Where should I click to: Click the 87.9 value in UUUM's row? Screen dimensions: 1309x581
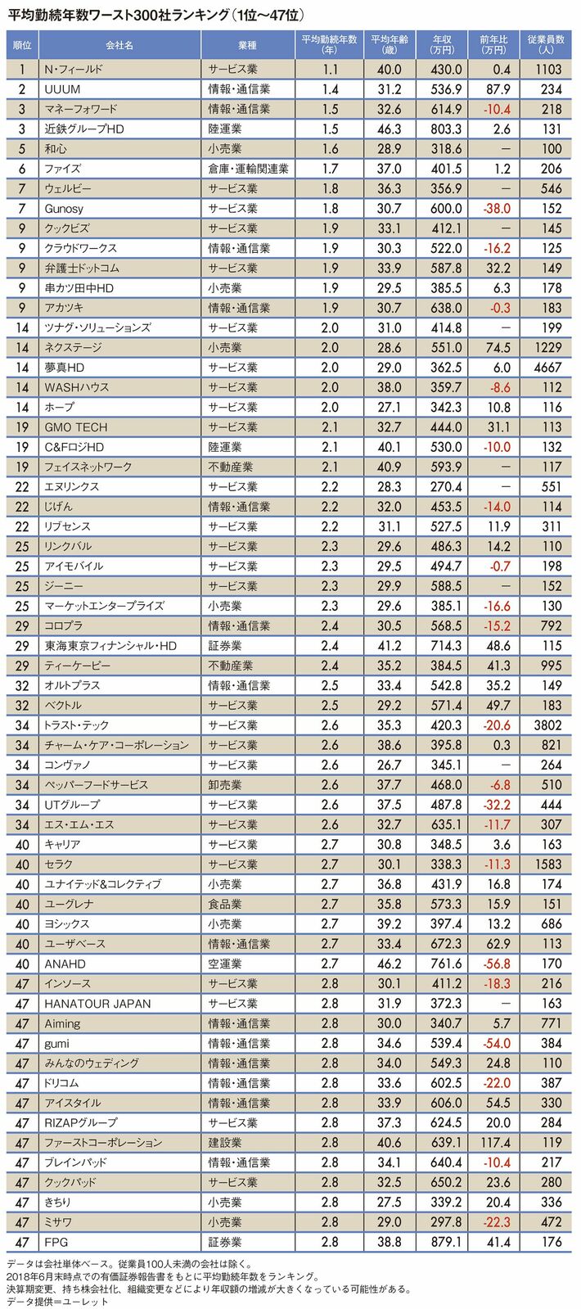point(497,89)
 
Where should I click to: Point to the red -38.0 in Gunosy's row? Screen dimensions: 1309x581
point(496,209)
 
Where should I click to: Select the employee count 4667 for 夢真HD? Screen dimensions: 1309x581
point(547,368)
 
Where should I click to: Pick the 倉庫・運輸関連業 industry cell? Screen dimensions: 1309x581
point(248,169)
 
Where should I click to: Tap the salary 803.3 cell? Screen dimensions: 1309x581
point(446,129)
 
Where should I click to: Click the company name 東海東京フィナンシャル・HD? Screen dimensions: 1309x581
point(111,646)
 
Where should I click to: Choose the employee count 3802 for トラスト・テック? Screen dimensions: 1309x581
point(547,725)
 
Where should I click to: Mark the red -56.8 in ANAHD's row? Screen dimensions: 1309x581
point(496,964)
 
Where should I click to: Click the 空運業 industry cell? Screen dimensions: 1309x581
point(225,964)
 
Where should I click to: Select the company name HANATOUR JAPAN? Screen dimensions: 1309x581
point(98,1004)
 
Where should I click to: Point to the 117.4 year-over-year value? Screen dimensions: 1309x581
point(495,1143)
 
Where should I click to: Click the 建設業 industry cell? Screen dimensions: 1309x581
point(225,1143)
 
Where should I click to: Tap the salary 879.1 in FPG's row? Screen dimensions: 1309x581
point(446,1242)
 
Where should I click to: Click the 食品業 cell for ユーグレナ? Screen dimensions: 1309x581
point(225,904)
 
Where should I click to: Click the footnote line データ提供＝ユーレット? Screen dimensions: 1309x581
point(57,1301)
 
